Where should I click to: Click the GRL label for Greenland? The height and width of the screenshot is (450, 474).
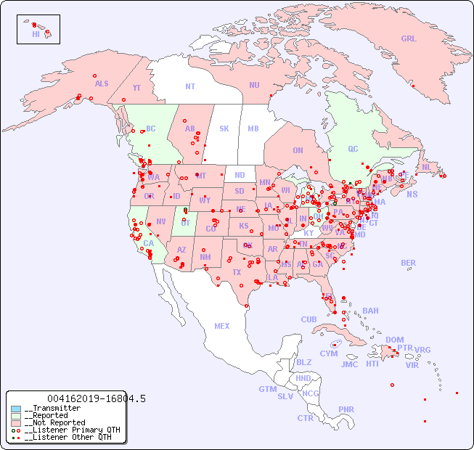coord(409,39)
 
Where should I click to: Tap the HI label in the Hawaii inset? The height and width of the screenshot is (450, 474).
coord(36,34)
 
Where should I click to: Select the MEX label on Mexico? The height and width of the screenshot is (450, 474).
coord(222,326)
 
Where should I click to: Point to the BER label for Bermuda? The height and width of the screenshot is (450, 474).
coord(409,263)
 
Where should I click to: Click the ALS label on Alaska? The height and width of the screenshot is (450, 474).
coord(102,83)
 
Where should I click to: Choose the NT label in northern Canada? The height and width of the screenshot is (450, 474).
coord(190,86)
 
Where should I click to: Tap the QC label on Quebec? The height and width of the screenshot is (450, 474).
coord(353,150)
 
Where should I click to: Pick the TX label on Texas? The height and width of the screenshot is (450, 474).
coord(237,272)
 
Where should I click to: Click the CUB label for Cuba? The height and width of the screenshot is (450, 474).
coord(308,319)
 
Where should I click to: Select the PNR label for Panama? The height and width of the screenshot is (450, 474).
coord(346,409)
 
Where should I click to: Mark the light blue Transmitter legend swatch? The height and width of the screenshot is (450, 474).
coord(16,409)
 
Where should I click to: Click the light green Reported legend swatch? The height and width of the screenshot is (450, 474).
coord(16,416)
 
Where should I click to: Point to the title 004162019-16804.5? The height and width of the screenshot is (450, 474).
coord(96,398)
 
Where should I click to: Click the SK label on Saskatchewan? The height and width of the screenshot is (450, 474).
coord(224,128)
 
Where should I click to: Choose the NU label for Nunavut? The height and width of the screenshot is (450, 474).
coord(254,85)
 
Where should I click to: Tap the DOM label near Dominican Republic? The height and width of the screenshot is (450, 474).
coord(394,340)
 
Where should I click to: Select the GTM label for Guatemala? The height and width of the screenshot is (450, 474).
coord(267,389)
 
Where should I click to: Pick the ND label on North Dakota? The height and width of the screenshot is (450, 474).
coord(240,175)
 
